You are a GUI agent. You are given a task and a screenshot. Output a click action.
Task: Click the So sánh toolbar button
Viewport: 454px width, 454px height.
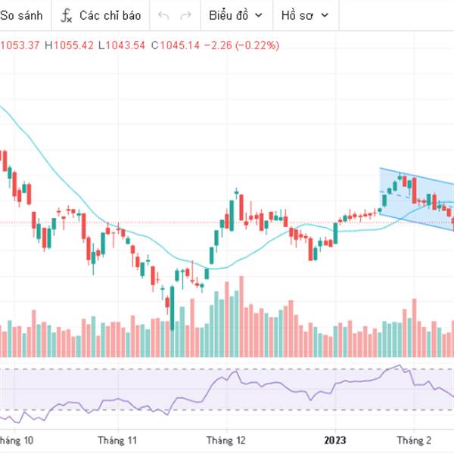coord(21,15)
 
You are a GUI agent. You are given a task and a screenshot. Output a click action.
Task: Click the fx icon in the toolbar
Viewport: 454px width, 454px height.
coord(67,15)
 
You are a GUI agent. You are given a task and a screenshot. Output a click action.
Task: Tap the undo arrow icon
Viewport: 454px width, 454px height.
coord(163,15)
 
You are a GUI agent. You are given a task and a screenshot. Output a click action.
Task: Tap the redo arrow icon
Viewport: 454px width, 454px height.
coord(185,15)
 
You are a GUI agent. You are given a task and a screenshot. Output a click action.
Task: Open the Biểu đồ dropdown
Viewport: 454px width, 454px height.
coord(235,15)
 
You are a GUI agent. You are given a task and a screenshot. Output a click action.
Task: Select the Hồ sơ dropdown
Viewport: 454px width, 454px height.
coord(302,15)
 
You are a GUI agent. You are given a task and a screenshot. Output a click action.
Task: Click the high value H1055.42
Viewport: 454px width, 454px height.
coord(69,45)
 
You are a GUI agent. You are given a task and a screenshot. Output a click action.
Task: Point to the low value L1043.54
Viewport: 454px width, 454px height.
coord(122,45)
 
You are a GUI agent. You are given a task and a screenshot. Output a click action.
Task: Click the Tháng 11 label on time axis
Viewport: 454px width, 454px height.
coord(117,440)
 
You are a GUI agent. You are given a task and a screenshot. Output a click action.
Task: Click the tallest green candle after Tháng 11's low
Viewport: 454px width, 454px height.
coord(173,306)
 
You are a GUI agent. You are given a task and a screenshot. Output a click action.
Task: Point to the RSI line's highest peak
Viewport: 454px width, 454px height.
coord(400,366)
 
